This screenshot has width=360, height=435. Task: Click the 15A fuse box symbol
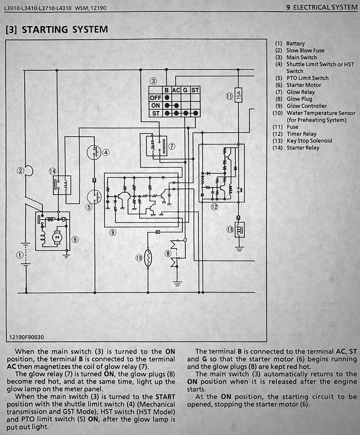coord(238,95)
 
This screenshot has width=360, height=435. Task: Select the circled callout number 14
coord(53,171)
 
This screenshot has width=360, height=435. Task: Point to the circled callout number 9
coord(113,232)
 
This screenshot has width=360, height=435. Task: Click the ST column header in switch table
coord(195,90)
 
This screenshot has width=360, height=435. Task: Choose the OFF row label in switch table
coord(155,98)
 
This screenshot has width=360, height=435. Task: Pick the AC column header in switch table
coord(176,90)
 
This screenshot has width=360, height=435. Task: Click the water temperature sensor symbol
coord(148,258)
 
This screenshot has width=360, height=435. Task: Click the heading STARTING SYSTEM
coord(65,29)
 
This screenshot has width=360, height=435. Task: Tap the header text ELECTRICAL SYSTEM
coord(325,7)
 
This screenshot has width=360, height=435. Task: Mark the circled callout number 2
coord(20,171)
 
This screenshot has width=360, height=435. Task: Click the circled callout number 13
coord(230,230)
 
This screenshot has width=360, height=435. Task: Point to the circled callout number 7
coord(172,146)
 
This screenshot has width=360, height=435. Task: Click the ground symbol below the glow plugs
coord(177,284)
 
